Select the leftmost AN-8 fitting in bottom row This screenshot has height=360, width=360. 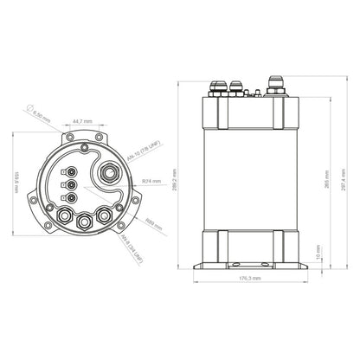(64, 214)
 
